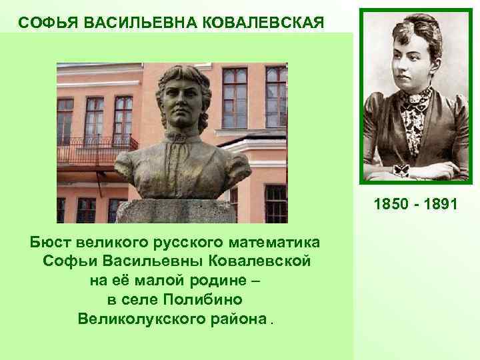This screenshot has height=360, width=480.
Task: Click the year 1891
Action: point(440,203)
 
